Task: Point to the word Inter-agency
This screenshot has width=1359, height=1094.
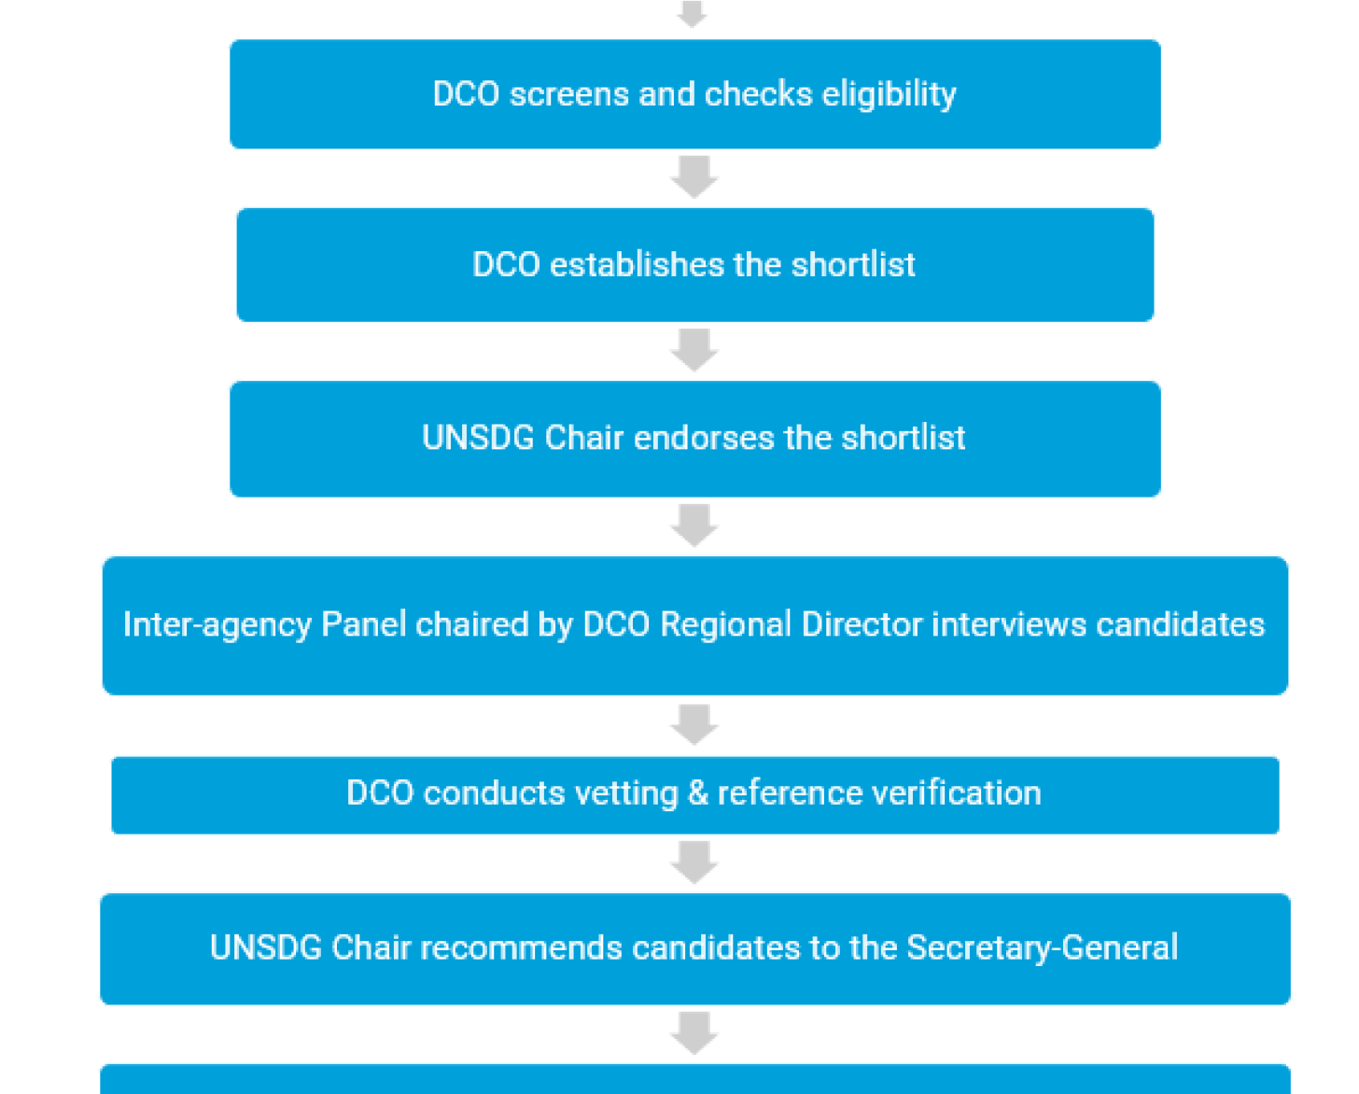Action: (x=217, y=624)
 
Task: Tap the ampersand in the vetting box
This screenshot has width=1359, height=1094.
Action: (x=697, y=793)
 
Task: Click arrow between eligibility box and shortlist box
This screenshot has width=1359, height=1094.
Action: (x=694, y=177)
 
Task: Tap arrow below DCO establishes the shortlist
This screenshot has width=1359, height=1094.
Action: (x=694, y=350)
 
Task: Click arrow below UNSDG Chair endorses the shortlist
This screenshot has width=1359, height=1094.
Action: (x=694, y=526)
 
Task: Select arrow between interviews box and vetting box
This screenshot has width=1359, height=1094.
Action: (x=694, y=725)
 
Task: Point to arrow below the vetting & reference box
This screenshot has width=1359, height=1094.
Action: (x=694, y=863)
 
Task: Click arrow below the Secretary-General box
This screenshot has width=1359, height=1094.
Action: (x=694, y=1033)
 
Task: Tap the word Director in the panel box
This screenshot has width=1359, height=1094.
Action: (x=862, y=624)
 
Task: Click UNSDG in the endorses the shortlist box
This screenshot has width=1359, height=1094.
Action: (x=478, y=438)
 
